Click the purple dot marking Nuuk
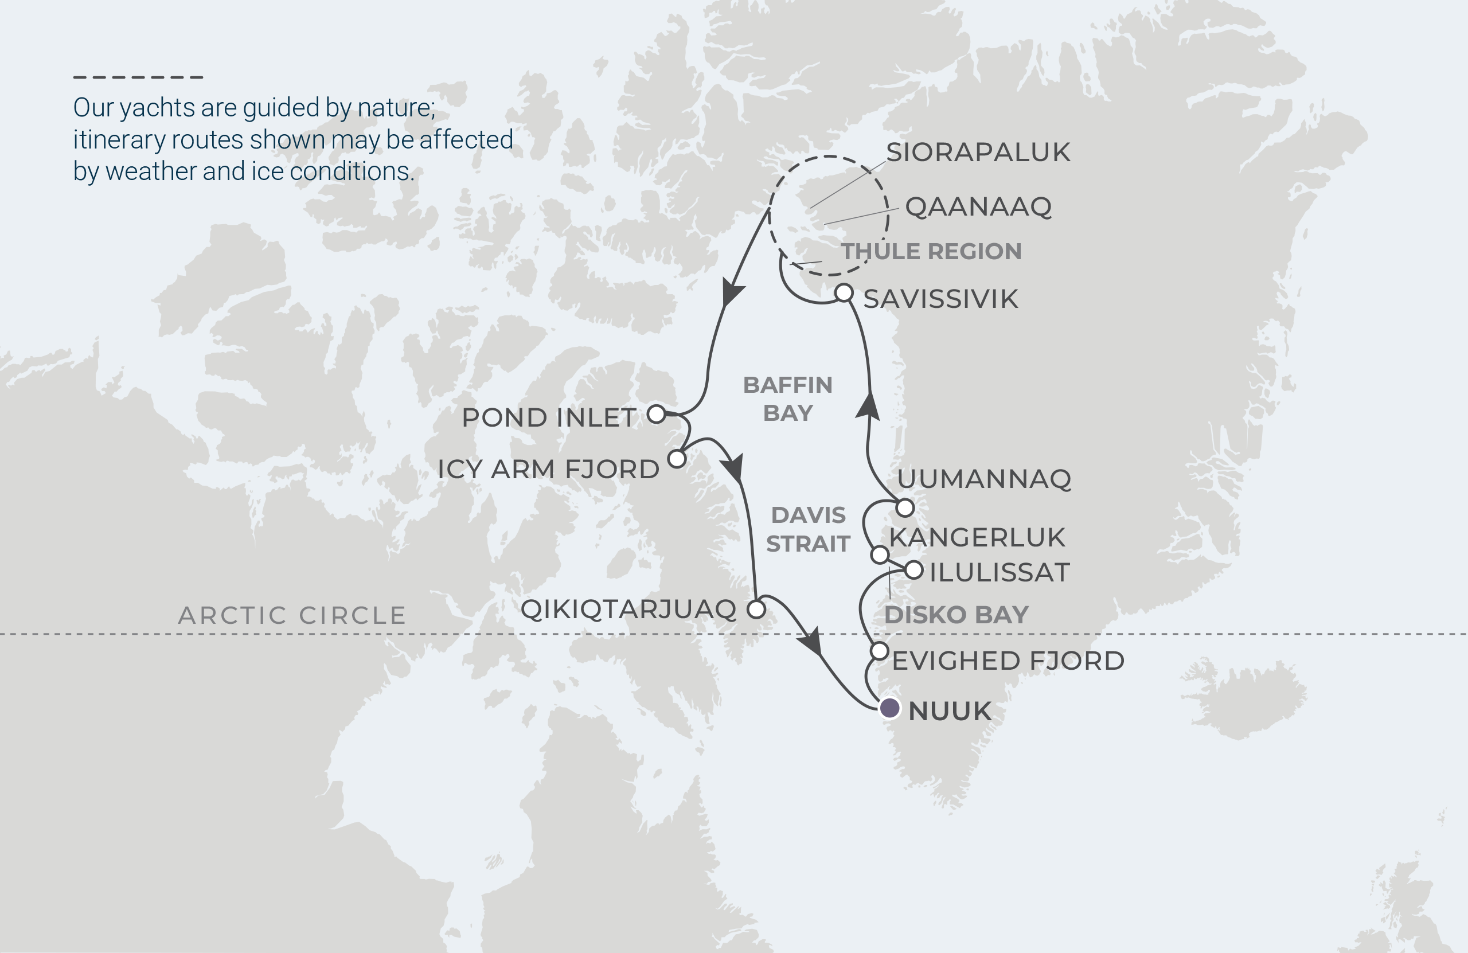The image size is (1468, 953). (889, 708)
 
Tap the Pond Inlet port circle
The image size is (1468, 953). (656, 414)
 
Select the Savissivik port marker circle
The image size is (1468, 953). (844, 292)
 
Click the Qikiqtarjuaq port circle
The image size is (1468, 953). (756, 610)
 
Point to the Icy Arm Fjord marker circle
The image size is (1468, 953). (677, 459)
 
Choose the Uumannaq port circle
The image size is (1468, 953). (904, 507)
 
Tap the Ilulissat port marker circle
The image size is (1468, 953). (913, 571)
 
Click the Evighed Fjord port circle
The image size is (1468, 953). (880, 651)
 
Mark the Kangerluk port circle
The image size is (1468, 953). (880, 554)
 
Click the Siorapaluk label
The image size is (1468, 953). (978, 153)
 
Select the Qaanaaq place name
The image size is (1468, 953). (978, 206)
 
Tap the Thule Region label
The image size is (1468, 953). (931, 252)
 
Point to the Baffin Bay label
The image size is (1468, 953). (788, 399)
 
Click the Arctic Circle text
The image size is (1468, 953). (292, 615)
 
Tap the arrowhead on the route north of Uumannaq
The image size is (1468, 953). (868, 407)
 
